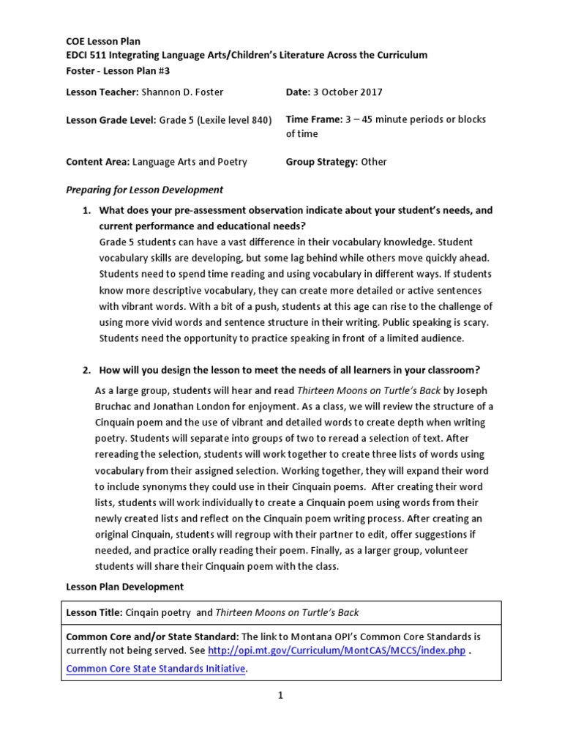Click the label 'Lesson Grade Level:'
[110, 119]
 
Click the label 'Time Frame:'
[314, 119]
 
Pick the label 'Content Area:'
[97, 162]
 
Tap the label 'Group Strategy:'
[321, 162]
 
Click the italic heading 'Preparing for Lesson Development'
[144, 190]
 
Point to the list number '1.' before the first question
[86, 210]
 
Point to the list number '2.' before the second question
[86, 369]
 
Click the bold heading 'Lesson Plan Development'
[124, 587]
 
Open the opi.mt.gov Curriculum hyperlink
[336, 651]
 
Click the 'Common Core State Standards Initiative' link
[155, 669]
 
